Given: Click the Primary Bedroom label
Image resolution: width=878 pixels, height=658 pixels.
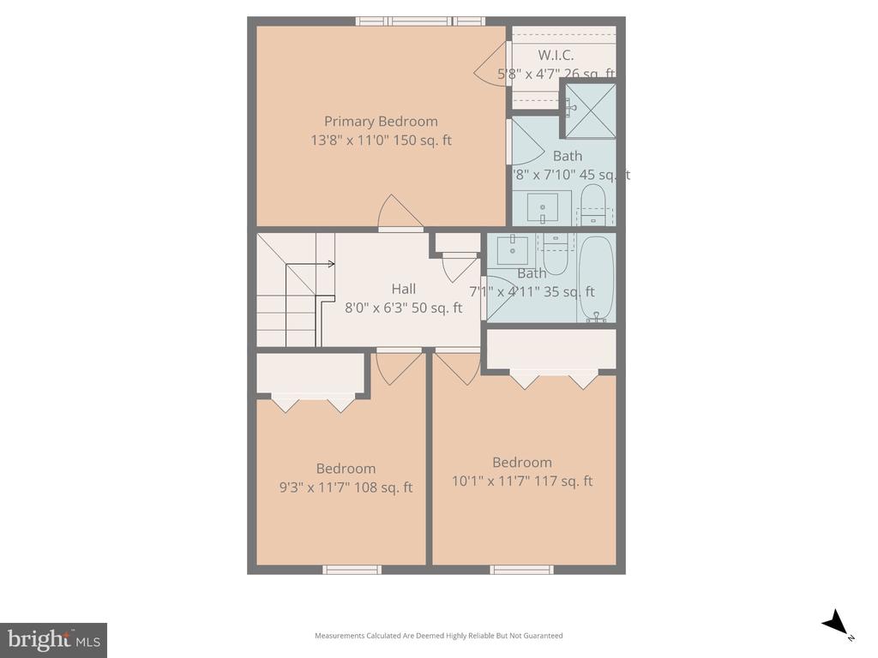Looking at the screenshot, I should click(381, 122).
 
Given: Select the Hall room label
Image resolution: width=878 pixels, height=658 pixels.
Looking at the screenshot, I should click(403, 289).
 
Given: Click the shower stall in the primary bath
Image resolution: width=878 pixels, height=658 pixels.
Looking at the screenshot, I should click(589, 110).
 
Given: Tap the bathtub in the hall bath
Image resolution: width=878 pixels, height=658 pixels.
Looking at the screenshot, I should click(596, 278).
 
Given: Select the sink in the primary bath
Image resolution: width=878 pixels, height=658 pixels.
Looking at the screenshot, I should click(542, 208).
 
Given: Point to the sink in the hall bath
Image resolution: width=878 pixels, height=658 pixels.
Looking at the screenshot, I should click(513, 249).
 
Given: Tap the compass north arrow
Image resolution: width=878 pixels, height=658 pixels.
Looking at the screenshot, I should click(836, 624).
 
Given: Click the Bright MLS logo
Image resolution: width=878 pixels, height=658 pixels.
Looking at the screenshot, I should click(53, 639).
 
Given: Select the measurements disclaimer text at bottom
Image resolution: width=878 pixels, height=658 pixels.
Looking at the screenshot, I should click(438, 636).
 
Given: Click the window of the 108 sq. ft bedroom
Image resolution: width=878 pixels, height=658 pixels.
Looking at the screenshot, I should click(352, 569).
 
